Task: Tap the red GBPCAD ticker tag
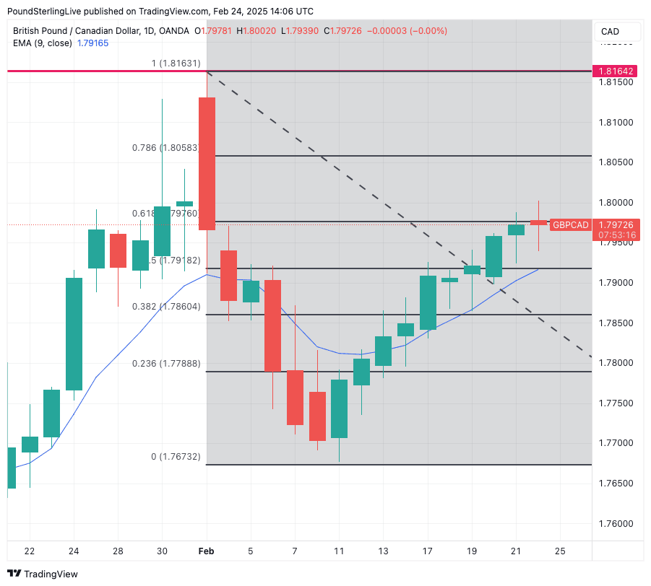tap(570, 225)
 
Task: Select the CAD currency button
tap(611, 32)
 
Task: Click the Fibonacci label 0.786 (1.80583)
tap(165, 148)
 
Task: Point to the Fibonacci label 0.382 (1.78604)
tap(165, 307)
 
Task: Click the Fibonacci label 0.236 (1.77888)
tap(165, 364)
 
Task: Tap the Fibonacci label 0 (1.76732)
tap(176, 457)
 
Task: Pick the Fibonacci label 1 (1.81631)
tap(176, 64)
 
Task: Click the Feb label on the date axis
tap(207, 551)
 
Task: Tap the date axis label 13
tap(383, 551)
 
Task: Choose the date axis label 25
tap(560, 551)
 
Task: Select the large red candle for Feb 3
tap(207, 164)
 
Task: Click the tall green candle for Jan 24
tap(74, 333)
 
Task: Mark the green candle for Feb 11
tap(339, 408)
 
